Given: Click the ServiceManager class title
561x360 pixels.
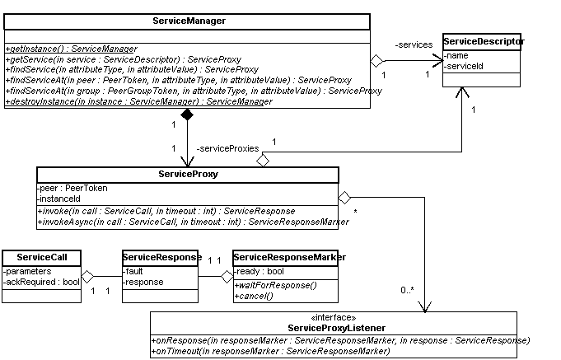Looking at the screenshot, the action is point(189,21).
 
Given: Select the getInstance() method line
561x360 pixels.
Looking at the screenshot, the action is point(71,49).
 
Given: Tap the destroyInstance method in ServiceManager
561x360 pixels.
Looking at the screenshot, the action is point(139,101).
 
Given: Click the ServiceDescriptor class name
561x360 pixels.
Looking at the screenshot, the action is point(484,41).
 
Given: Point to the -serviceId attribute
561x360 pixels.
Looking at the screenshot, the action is point(463,66).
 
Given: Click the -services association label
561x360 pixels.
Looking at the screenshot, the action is point(414,44).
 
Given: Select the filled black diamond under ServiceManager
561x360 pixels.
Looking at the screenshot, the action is point(187,115).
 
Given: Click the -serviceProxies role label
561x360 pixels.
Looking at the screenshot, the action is point(227,148).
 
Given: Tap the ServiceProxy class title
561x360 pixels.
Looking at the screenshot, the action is point(188,175).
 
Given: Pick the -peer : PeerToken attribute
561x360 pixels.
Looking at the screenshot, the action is point(72,188).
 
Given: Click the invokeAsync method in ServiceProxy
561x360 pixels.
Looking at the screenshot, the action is point(194,222).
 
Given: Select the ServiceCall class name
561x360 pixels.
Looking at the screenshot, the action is point(42,257).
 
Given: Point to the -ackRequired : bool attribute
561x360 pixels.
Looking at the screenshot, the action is point(41,282).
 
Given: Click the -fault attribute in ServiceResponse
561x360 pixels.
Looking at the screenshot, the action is point(133,271).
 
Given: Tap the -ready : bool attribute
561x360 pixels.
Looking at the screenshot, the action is point(259,271).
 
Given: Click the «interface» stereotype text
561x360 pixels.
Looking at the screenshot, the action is point(334,317).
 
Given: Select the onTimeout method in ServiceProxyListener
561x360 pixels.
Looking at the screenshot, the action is point(270,351).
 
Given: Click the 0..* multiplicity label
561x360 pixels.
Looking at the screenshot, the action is point(407,290).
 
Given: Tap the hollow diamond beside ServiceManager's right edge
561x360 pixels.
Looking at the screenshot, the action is point(376,60).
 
